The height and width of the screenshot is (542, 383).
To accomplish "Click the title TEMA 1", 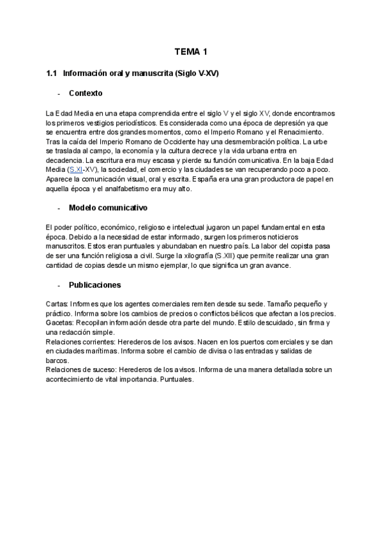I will [191, 51].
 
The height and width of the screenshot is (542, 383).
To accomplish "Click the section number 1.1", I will [52, 74].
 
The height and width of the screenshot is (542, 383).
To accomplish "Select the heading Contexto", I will [86, 93].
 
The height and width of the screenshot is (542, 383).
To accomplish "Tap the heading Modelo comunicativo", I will [108, 208].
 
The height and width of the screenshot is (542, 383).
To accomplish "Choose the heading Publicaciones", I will [95, 284].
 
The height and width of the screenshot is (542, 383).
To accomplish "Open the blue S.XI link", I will [76, 169].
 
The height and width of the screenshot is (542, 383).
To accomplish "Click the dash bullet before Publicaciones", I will [59, 285].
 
